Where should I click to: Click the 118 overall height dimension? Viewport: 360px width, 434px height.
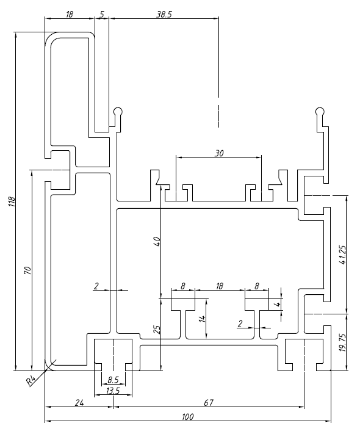coord(12,202)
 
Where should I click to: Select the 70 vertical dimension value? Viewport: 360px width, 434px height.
coord(27,270)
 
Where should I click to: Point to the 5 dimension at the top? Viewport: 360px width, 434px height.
coord(101,13)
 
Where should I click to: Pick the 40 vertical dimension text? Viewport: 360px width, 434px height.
coord(157,241)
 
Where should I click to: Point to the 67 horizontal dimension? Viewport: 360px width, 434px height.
coord(207,402)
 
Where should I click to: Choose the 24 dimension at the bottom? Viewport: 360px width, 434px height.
coord(79,402)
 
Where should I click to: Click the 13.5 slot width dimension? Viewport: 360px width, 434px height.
coord(113,391)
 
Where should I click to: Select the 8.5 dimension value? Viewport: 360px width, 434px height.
coord(113,380)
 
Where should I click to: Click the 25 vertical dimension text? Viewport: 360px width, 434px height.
coord(157,330)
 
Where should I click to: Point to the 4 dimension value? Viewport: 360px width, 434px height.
coord(278,303)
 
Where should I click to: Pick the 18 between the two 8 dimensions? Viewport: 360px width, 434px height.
coord(220,285)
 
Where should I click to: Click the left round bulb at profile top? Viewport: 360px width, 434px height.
coord(118,112)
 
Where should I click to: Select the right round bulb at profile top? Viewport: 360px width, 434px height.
coord(320,112)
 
